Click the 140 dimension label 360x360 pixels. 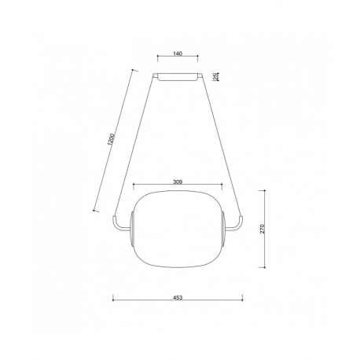click(178, 53)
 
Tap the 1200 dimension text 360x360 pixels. click(111, 139)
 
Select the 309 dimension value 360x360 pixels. click(178, 182)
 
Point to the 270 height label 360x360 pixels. click(263, 229)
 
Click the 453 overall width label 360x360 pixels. click(178, 298)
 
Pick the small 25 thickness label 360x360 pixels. click(215, 76)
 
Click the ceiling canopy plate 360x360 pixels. click(178, 77)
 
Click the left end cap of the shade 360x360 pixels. click(132, 229)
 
